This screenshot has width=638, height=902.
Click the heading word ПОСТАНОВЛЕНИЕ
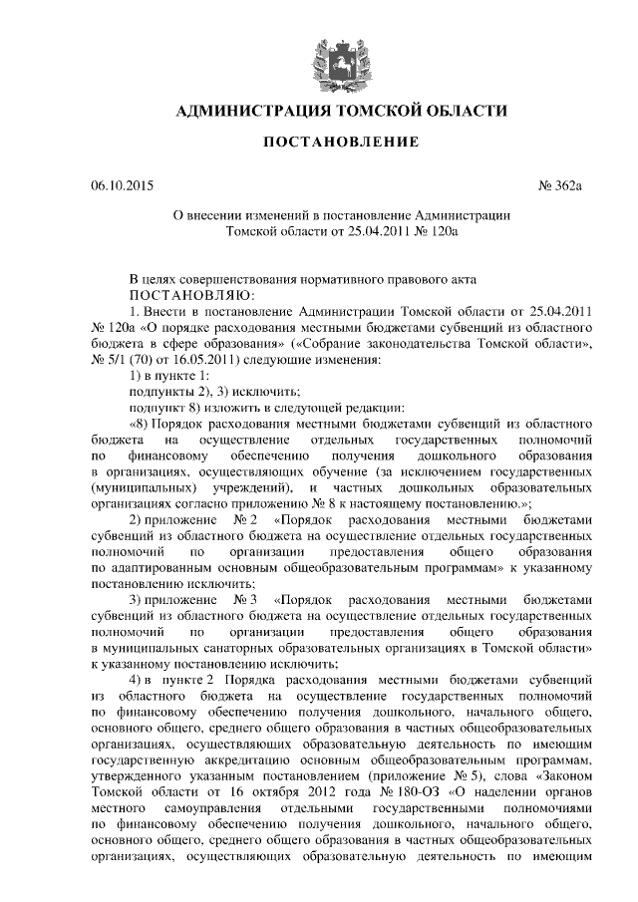(340, 144)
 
